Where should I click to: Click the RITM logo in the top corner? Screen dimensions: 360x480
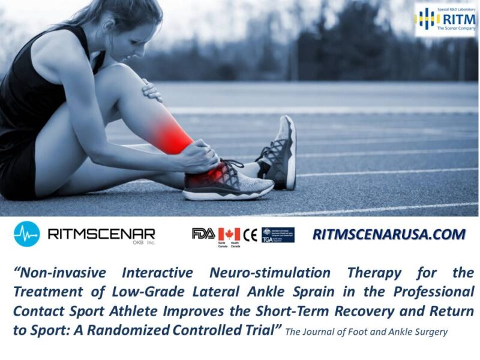[446, 19]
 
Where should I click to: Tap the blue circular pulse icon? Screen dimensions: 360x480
[26, 234]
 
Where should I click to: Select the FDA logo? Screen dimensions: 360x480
[203, 234]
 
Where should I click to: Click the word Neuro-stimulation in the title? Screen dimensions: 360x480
[269, 273]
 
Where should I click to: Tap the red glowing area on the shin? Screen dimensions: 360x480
[175, 135]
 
